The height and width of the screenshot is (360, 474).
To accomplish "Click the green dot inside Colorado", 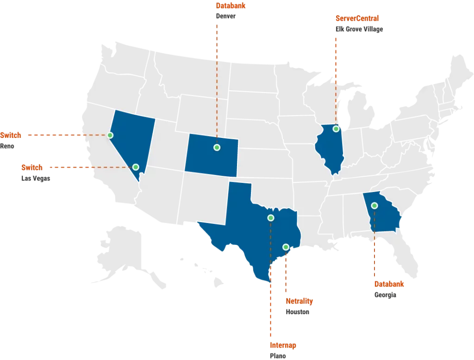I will (217, 147).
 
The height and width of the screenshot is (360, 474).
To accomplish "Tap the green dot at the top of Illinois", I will (336, 129).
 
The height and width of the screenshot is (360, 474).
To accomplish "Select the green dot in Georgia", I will (374, 205).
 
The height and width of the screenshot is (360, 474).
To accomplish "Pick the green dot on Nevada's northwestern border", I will (110, 135).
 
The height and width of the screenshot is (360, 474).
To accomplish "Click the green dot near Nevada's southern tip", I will (136, 167).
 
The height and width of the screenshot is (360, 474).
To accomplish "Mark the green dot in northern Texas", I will (271, 217).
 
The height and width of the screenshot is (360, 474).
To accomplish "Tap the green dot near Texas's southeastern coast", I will (286, 247).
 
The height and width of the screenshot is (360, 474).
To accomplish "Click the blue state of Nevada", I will (132, 139).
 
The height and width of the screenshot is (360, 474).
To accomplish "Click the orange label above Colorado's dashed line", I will (231, 6).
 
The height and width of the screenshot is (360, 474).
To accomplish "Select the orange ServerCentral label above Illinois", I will (357, 19).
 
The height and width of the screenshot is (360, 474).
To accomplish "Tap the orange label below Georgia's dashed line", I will (389, 284).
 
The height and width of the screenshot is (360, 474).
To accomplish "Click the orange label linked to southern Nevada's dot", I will (31, 167).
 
